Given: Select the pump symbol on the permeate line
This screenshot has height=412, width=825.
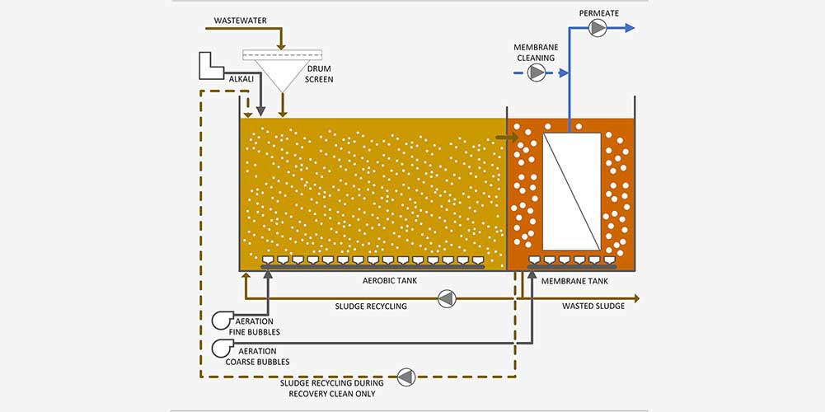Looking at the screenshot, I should tap(598, 28).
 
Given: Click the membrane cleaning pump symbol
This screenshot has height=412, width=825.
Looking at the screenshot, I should tap(537, 73).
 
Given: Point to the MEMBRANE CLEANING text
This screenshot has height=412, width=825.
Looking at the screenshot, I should tap(536, 53).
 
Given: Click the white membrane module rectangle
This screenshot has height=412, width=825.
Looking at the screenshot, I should tap(571, 190).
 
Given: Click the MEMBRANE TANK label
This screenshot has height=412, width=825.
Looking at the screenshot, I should tap(574, 281).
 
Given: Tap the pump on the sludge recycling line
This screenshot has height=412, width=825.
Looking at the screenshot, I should tap(446, 297).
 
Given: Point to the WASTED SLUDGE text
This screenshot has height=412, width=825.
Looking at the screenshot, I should tap(592, 306).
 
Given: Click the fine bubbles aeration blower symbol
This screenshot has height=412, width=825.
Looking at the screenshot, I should tap(223, 321).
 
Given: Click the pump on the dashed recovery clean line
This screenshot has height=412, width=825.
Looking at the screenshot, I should tap(406, 377).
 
